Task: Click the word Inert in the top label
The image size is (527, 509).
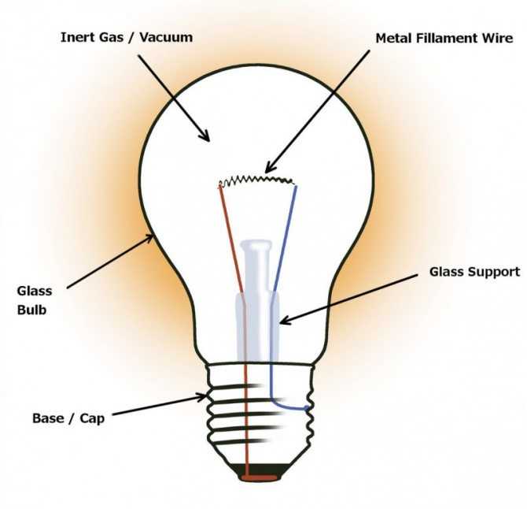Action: tap(77, 37)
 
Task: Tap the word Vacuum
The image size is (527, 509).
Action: tap(166, 37)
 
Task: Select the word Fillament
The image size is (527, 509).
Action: tap(447, 38)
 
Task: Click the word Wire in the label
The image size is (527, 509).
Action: tap(497, 38)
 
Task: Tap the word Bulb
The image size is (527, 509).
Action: tap(31, 310)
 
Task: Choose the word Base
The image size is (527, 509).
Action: tap(47, 418)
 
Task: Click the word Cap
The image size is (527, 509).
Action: tap(92, 419)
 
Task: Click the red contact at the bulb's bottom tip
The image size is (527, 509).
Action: tap(259, 477)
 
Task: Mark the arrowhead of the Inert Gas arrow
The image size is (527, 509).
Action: tap(205, 136)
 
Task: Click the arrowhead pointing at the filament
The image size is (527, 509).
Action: tap(270, 166)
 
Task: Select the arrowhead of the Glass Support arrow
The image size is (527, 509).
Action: tap(285, 321)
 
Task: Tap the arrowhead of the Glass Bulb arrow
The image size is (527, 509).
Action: tap(149, 239)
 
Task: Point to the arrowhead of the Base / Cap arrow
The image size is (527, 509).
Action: tap(201, 397)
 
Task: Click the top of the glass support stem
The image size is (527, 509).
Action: tap(256, 243)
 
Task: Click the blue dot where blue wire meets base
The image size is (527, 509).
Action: tap(307, 408)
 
